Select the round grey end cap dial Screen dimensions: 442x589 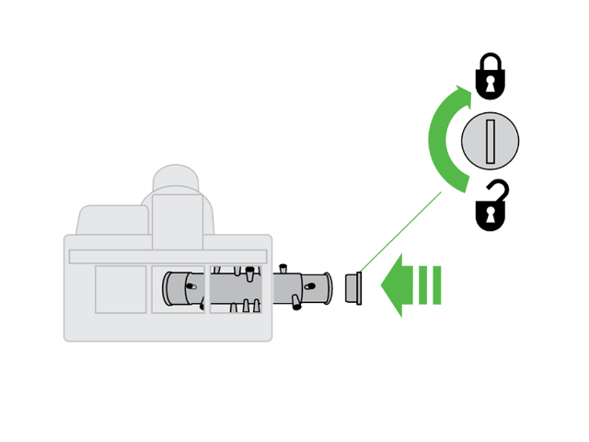pyautogui.click(x=491, y=142)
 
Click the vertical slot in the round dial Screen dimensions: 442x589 pyautogui.click(x=491, y=142)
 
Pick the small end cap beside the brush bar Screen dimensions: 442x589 pyautogui.click(x=352, y=287)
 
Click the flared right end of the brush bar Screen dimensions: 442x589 pyautogui.click(x=325, y=287)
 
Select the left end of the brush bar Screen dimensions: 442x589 pyautogui.click(x=169, y=289)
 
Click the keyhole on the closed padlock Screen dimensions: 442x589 pyautogui.click(x=491, y=85)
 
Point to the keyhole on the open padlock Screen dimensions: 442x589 pyautogui.click(x=491, y=215)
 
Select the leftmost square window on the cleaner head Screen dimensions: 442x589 pyautogui.click(x=121, y=289)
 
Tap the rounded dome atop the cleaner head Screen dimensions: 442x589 pyautogui.click(x=176, y=179)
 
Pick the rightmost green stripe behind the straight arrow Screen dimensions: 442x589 pyautogui.click(x=436, y=285)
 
